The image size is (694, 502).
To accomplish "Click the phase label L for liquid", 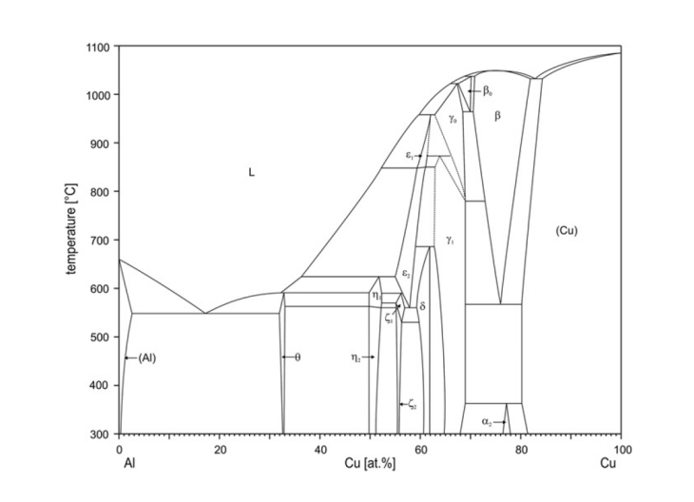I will [x=252, y=172].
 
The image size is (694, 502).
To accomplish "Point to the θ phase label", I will [x=297, y=357].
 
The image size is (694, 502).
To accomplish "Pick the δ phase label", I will [x=422, y=307].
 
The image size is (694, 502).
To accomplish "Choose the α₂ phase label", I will [x=487, y=419].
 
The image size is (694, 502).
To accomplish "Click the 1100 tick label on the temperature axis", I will [x=98, y=47].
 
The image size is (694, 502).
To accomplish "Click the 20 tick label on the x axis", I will [x=219, y=449].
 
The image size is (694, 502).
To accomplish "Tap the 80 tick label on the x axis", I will [x=521, y=449].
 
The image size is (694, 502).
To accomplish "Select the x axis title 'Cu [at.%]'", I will [x=371, y=463].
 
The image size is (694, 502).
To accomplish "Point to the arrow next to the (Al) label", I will [x=131, y=357].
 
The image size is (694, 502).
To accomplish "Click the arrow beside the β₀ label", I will [x=474, y=91].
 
